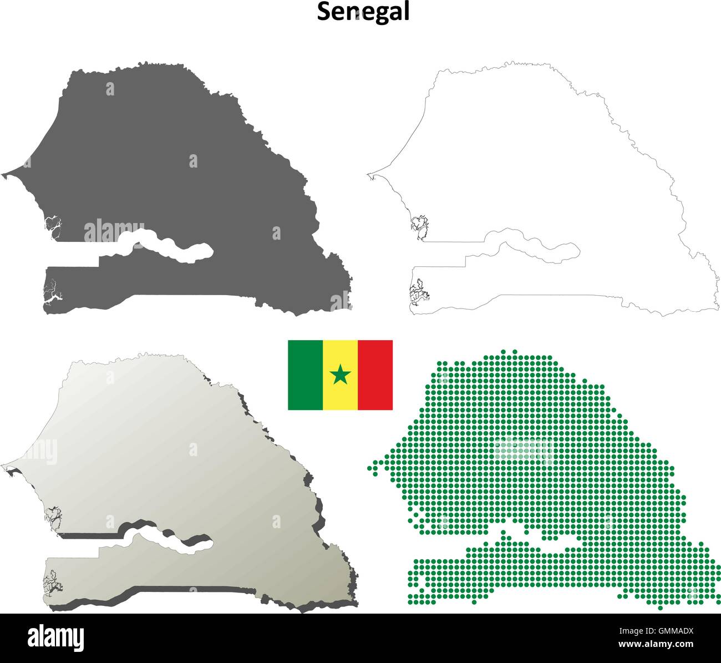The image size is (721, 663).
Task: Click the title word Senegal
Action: click(363, 12)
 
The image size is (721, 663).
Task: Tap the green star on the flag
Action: click(340, 375)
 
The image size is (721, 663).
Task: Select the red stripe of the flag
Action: click(375, 375)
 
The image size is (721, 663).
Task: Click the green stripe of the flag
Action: click(305, 375)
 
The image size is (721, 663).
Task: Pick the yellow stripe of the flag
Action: click(340, 361)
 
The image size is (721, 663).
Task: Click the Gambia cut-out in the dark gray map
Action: click(166, 247)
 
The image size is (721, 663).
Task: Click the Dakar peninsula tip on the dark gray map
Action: click(3, 176)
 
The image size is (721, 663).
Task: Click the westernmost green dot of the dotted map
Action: click(369, 468)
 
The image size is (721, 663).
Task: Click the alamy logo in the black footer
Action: click(55, 637)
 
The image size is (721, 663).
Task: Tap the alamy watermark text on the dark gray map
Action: click(114, 230)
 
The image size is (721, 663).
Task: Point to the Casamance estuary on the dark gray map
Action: click(53, 294)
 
